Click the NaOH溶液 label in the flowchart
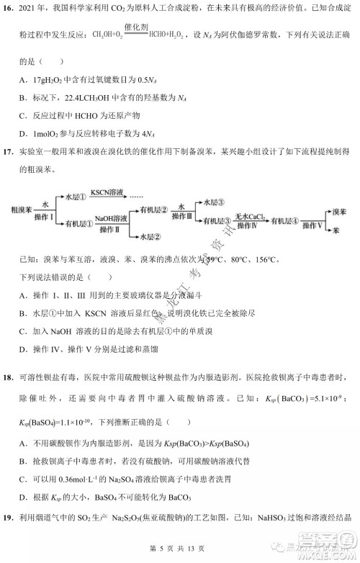click(110, 218)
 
